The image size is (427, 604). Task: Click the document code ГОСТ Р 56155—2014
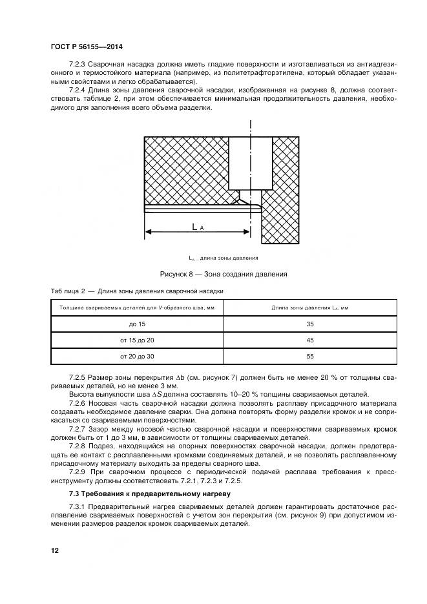(86, 47)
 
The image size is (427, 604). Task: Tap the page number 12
(55, 550)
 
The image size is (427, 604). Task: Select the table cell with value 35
(309, 324)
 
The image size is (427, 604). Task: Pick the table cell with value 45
(309, 340)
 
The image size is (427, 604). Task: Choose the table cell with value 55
(309, 356)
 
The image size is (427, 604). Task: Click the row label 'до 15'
(137, 324)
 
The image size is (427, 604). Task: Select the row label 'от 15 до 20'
(137, 340)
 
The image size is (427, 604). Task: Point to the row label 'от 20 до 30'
(137, 356)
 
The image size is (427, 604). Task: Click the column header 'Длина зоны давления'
(309, 307)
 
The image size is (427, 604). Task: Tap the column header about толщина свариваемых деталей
(137, 307)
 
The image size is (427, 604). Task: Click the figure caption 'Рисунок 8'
(219, 274)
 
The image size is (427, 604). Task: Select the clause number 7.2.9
(78, 472)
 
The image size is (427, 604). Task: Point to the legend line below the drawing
(218, 257)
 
